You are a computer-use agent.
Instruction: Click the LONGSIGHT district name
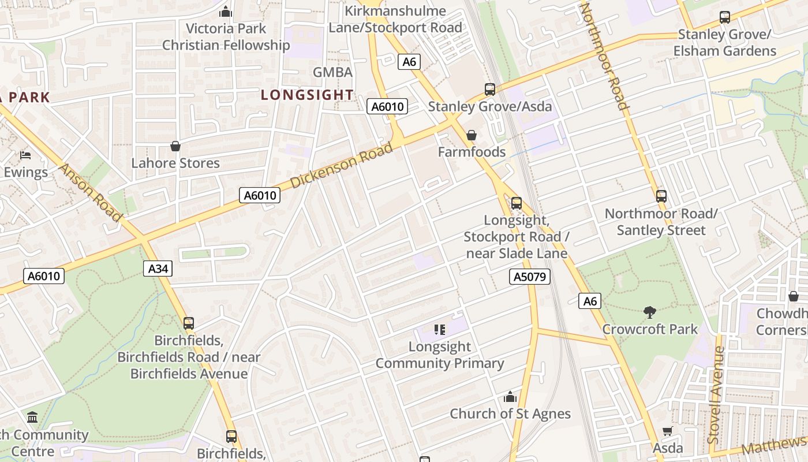click(x=307, y=95)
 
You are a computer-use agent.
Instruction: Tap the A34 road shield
click(x=158, y=269)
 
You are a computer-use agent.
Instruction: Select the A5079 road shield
click(x=530, y=277)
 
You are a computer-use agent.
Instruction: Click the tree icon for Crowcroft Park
click(x=650, y=312)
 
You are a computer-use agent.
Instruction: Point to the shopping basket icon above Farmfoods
click(x=472, y=135)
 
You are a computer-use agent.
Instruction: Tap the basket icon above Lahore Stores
click(x=175, y=146)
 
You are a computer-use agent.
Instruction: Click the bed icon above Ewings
click(x=25, y=155)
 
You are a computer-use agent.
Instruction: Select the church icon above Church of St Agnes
click(x=510, y=397)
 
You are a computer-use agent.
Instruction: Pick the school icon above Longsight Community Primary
click(x=440, y=330)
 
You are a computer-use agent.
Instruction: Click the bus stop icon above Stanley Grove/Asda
click(x=489, y=90)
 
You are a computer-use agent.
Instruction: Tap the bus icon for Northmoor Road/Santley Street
click(x=661, y=196)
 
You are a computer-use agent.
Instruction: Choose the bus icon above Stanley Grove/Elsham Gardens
click(x=724, y=18)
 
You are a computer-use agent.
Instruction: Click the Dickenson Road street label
click(x=342, y=165)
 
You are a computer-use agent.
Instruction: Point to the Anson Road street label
click(x=91, y=192)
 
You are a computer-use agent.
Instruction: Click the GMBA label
click(x=332, y=72)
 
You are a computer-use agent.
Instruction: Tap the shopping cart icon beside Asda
click(x=668, y=431)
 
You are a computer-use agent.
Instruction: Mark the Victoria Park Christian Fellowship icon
click(x=226, y=12)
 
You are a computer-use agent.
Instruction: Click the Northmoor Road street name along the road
click(x=604, y=56)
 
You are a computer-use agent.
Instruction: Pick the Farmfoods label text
click(x=472, y=152)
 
